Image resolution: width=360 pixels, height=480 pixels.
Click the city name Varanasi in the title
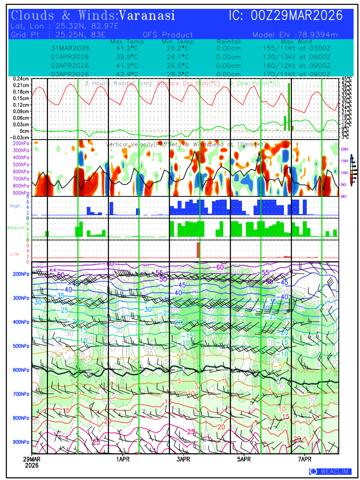(147, 16)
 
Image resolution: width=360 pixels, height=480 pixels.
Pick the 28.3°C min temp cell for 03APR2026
(178, 74)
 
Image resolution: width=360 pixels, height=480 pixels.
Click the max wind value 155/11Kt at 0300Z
(294, 48)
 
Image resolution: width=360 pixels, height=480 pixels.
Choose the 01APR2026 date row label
(70, 57)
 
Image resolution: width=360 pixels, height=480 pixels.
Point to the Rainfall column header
(228, 42)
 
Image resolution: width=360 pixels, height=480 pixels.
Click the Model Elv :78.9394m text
(295, 35)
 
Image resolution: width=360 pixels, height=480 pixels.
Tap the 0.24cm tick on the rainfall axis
(20, 79)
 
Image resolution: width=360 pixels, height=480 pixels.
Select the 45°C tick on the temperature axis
(346, 79)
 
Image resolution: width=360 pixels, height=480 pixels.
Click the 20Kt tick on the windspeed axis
(345, 149)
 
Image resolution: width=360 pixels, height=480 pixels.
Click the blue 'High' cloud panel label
(15, 206)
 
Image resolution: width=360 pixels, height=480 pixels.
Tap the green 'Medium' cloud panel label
(16, 228)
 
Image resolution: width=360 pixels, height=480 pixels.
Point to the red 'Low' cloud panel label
(15, 254)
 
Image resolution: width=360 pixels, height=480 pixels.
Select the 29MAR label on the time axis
(31, 460)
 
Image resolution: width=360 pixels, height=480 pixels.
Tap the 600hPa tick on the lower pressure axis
(21, 370)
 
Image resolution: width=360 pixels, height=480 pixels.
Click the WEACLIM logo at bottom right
(330, 472)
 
